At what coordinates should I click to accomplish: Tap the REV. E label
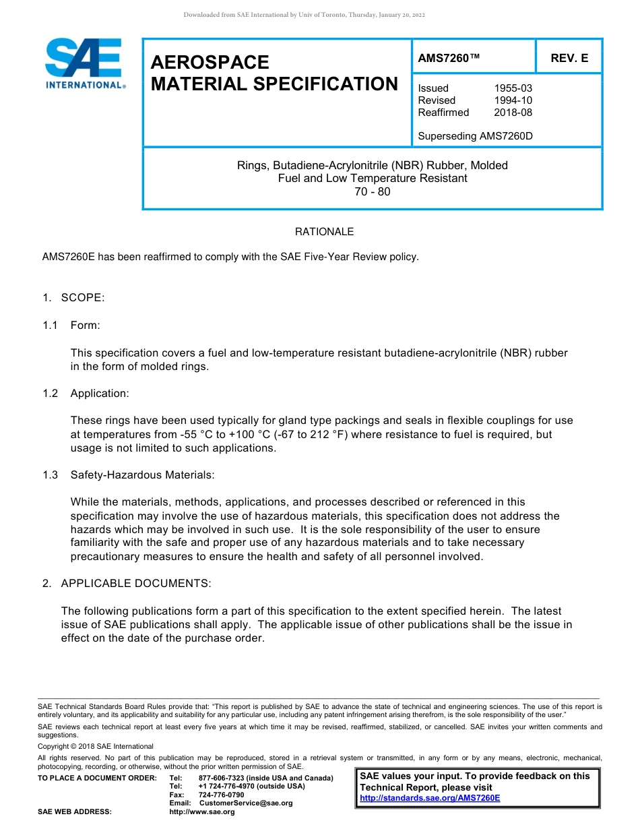pyautogui.click(x=569, y=58)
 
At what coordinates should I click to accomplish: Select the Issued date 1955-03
pyautogui.click(x=513, y=88)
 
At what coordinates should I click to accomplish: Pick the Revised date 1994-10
pyautogui.click(x=513, y=100)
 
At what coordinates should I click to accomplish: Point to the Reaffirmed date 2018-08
pyautogui.click(x=513, y=113)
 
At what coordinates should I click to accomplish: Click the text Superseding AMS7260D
pyautogui.click(x=475, y=136)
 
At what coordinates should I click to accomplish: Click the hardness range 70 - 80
pyautogui.click(x=372, y=191)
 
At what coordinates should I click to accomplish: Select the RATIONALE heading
pyautogui.click(x=324, y=232)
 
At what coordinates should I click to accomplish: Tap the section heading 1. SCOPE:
pyautogui.click(x=73, y=298)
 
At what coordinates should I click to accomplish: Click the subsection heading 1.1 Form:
pyautogui.click(x=71, y=326)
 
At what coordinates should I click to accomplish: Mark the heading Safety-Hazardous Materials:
pyautogui.click(x=142, y=475)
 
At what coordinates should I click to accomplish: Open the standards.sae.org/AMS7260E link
pyautogui.click(x=430, y=798)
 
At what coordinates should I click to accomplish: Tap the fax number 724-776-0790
pyautogui.click(x=221, y=795)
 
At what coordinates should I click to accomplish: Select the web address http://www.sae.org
pyautogui.click(x=201, y=812)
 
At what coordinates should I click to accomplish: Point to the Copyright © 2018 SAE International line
pyautogui.click(x=96, y=747)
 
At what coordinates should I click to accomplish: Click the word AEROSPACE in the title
pyautogui.click(x=210, y=63)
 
